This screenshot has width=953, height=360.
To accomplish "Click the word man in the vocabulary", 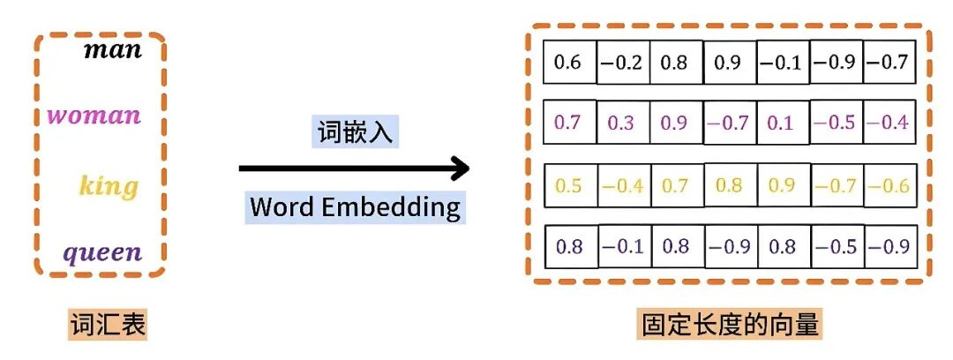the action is tap(112, 49).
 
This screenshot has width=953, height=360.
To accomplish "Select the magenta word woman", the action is tap(94, 116).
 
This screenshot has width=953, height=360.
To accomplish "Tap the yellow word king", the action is tap(109, 186).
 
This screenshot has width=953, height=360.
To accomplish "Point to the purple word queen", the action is tap(101, 253).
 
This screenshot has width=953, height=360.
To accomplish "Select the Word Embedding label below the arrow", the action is tap(355, 207).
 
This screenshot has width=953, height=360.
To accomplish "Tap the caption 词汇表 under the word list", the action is tap(108, 326).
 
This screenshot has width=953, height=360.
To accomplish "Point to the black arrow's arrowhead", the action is tap(458, 168).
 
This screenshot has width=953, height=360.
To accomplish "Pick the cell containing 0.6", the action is tap(570, 63).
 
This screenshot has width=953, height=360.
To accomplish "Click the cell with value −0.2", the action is tap(623, 63).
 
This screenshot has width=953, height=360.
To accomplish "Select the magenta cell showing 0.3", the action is tap(623, 123).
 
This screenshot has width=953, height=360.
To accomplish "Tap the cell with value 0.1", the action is tap(782, 123).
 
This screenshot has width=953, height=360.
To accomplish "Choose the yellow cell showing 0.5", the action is tap(570, 186).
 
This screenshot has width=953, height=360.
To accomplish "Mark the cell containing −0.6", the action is tap(889, 186).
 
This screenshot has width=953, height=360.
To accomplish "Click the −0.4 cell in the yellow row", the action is tap(623, 186).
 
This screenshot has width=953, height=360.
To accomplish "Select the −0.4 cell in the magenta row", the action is tap(889, 123).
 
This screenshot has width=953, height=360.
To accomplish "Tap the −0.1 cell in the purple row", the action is tap(623, 246).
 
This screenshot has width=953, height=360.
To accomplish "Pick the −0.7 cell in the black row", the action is tap(889, 63).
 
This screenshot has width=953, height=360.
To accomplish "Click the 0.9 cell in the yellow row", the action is tap(782, 186).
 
